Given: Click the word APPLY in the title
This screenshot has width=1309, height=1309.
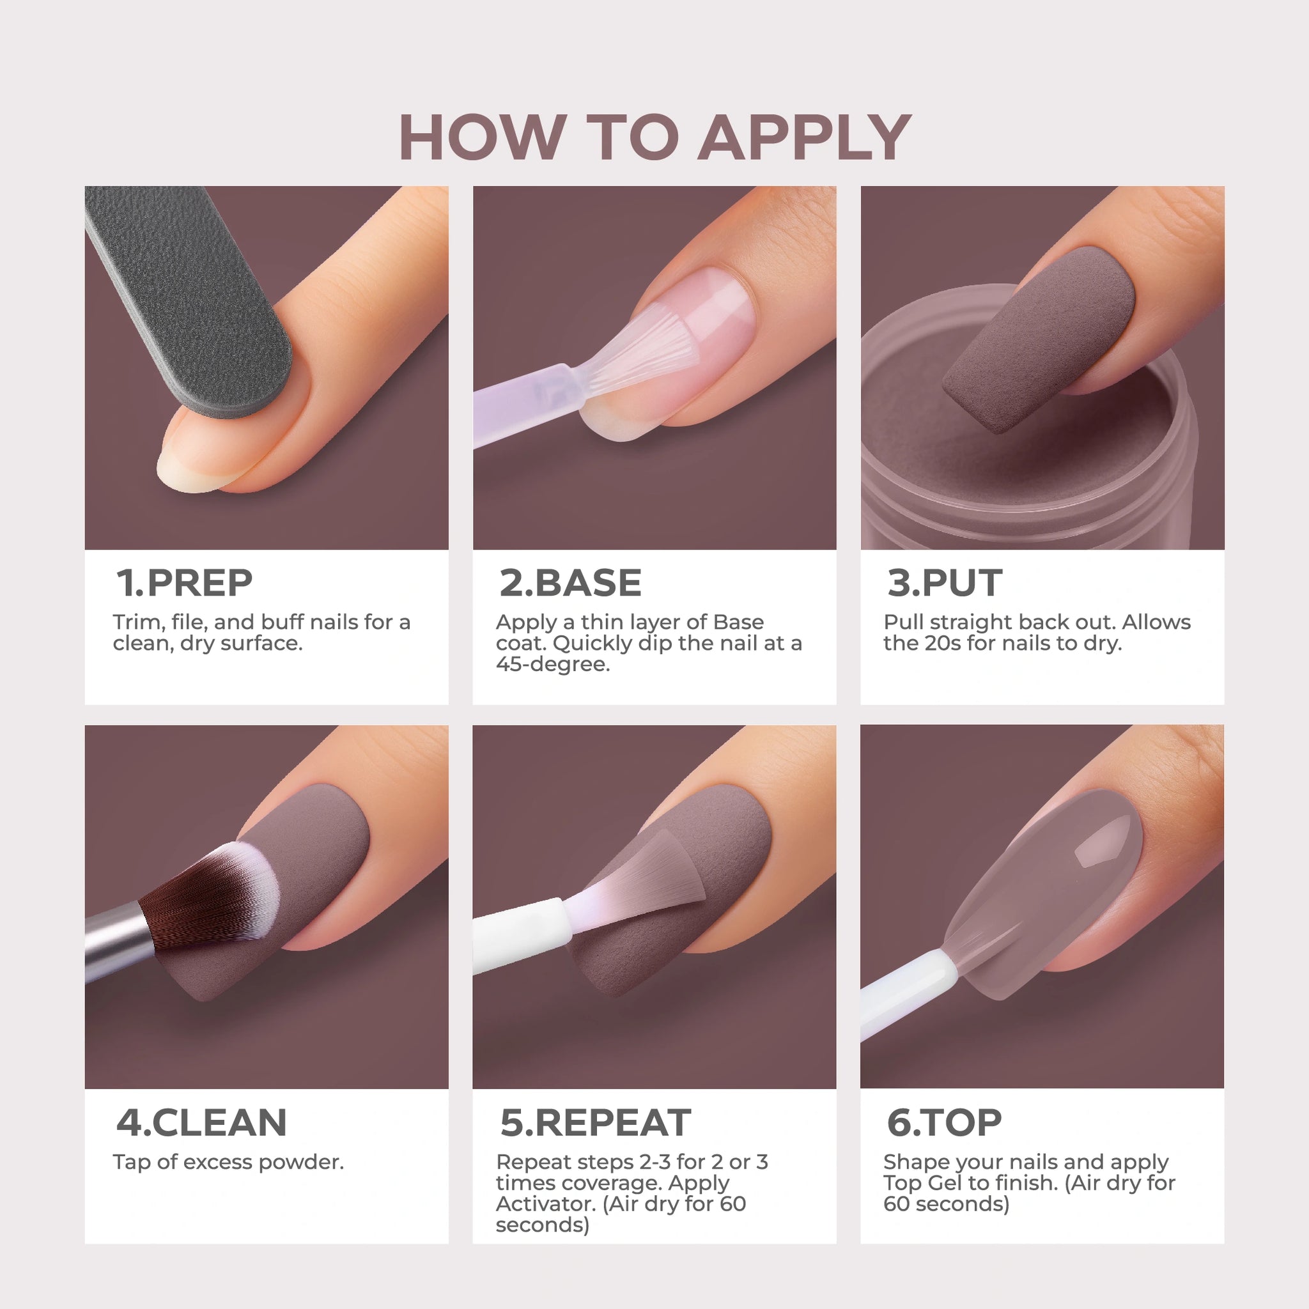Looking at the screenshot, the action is pyautogui.click(x=805, y=137).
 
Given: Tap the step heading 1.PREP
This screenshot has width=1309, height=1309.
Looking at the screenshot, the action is pyautogui.click(x=184, y=583).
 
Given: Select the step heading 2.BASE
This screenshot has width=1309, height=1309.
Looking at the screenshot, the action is pyautogui.click(x=571, y=583).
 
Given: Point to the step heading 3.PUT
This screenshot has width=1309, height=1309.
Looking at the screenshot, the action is pyautogui.click(x=945, y=583).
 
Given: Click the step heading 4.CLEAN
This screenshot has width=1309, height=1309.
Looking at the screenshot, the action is pyautogui.click(x=202, y=1122).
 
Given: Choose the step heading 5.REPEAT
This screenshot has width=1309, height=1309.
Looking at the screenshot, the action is pyautogui.click(x=596, y=1122).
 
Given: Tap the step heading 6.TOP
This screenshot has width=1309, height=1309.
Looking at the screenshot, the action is pyautogui.click(x=944, y=1122).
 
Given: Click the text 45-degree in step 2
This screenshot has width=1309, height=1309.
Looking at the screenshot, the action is pyautogui.click(x=553, y=665).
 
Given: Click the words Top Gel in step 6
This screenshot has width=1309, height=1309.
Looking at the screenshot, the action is pyautogui.click(x=922, y=1183).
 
